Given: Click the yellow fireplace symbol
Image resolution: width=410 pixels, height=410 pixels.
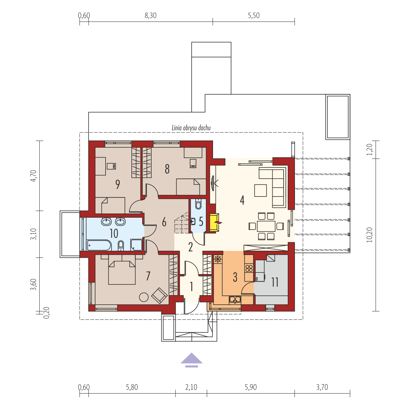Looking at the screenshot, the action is click(x=214, y=222).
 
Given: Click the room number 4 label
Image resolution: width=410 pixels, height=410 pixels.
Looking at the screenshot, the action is click(x=242, y=200).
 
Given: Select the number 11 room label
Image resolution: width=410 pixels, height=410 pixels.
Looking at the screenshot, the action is click(x=275, y=282).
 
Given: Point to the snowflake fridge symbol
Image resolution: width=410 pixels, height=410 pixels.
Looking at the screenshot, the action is click(x=217, y=259).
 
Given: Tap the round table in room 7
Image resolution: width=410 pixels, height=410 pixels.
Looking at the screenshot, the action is click(x=144, y=297).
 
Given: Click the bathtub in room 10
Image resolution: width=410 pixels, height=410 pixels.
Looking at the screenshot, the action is click(x=99, y=245).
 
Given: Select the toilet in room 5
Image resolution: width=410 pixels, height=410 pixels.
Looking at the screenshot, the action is click(x=198, y=205).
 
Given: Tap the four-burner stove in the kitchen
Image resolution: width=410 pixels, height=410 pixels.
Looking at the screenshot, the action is click(x=249, y=268).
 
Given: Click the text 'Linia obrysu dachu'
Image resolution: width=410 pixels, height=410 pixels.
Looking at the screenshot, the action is click(x=191, y=128).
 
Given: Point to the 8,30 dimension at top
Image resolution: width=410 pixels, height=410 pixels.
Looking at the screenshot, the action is click(x=150, y=15).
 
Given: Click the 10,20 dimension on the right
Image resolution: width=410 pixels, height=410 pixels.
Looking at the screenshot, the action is click(x=370, y=235).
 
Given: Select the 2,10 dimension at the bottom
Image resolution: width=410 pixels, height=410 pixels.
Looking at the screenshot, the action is click(x=191, y=387).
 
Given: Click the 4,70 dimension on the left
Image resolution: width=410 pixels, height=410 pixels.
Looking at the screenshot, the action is click(x=34, y=176).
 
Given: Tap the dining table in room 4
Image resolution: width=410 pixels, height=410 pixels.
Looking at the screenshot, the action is click(x=266, y=226).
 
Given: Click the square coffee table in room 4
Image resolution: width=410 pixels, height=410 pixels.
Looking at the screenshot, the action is click(x=260, y=190).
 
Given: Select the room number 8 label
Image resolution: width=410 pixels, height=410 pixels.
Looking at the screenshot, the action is click(x=167, y=169).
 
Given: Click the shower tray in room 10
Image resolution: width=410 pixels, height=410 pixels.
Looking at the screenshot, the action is click(x=136, y=245).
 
